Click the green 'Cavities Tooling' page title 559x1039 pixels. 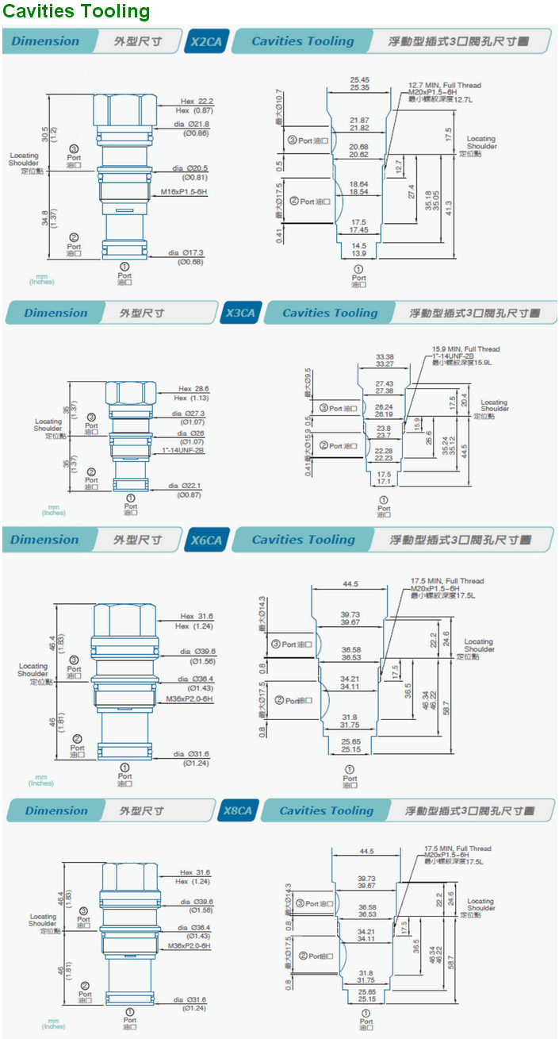coord(76,11)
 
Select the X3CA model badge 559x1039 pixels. coord(240,313)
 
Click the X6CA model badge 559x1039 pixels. coord(207,541)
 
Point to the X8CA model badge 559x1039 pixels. coord(236,811)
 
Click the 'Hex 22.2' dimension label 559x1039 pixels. coord(197,101)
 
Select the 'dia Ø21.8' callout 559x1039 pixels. coord(191,125)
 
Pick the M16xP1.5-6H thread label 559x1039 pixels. coord(184,192)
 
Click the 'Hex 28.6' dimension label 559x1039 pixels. coord(193,388)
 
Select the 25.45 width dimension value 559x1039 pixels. coord(359,79)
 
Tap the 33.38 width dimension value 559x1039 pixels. coord(384,356)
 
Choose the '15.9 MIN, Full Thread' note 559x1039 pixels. coord(465,349)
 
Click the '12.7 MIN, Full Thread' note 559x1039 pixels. coord(444,85)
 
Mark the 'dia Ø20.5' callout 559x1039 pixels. coord(190,168)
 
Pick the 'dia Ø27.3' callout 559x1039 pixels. coord(191,414)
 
